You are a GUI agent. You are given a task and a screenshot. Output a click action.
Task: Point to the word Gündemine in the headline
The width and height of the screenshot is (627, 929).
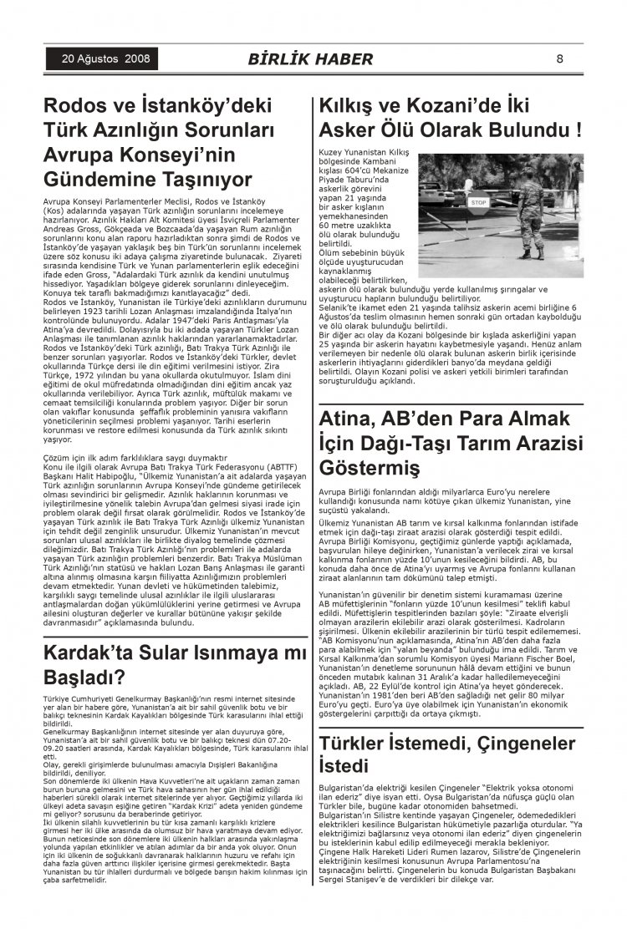tap(104, 180)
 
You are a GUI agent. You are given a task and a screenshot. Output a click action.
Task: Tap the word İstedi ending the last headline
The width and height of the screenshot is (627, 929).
tap(344, 767)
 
